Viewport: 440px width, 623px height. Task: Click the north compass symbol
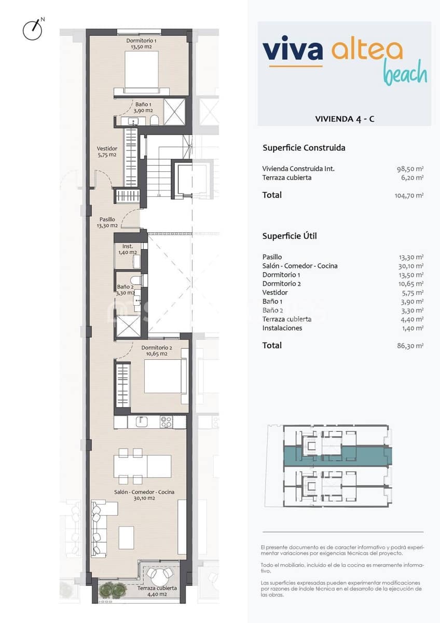tap(33, 30)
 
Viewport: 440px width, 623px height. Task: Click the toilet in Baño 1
tap(154, 120)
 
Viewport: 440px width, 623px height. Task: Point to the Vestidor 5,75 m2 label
tap(107, 152)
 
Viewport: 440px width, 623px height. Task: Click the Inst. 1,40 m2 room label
tap(128, 249)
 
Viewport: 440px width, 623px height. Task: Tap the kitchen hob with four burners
tap(166, 422)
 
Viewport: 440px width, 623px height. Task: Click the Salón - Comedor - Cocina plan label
tap(144, 495)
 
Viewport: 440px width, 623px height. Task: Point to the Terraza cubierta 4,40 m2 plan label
tap(157, 591)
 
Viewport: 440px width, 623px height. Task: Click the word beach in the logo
tap(405, 74)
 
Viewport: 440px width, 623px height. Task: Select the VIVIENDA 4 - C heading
tap(345, 119)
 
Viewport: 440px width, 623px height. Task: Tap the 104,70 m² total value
tap(409, 196)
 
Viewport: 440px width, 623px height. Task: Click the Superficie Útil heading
tap(290, 236)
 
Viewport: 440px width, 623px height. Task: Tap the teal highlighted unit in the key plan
tap(337, 455)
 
